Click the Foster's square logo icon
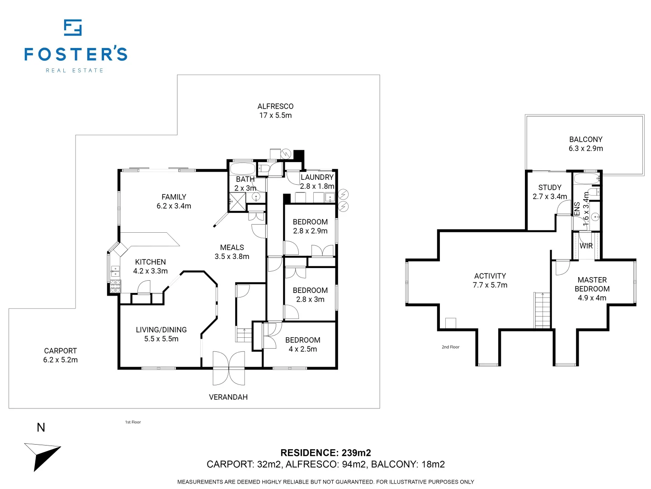[x=73, y=28]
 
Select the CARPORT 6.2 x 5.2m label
[x=61, y=355]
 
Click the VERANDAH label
[x=228, y=397]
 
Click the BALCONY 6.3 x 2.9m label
[x=585, y=144]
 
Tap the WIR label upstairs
[x=586, y=246]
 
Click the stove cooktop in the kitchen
[x=115, y=286]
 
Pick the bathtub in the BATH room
[x=243, y=168]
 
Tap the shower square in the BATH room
[x=237, y=202]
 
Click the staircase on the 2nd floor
[x=542, y=310]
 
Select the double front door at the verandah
[x=229, y=368]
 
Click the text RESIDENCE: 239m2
[x=325, y=452]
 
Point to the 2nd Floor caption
[x=450, y=347]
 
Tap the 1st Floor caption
[x=133, y=422]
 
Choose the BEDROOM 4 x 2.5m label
[x=302, y=345]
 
